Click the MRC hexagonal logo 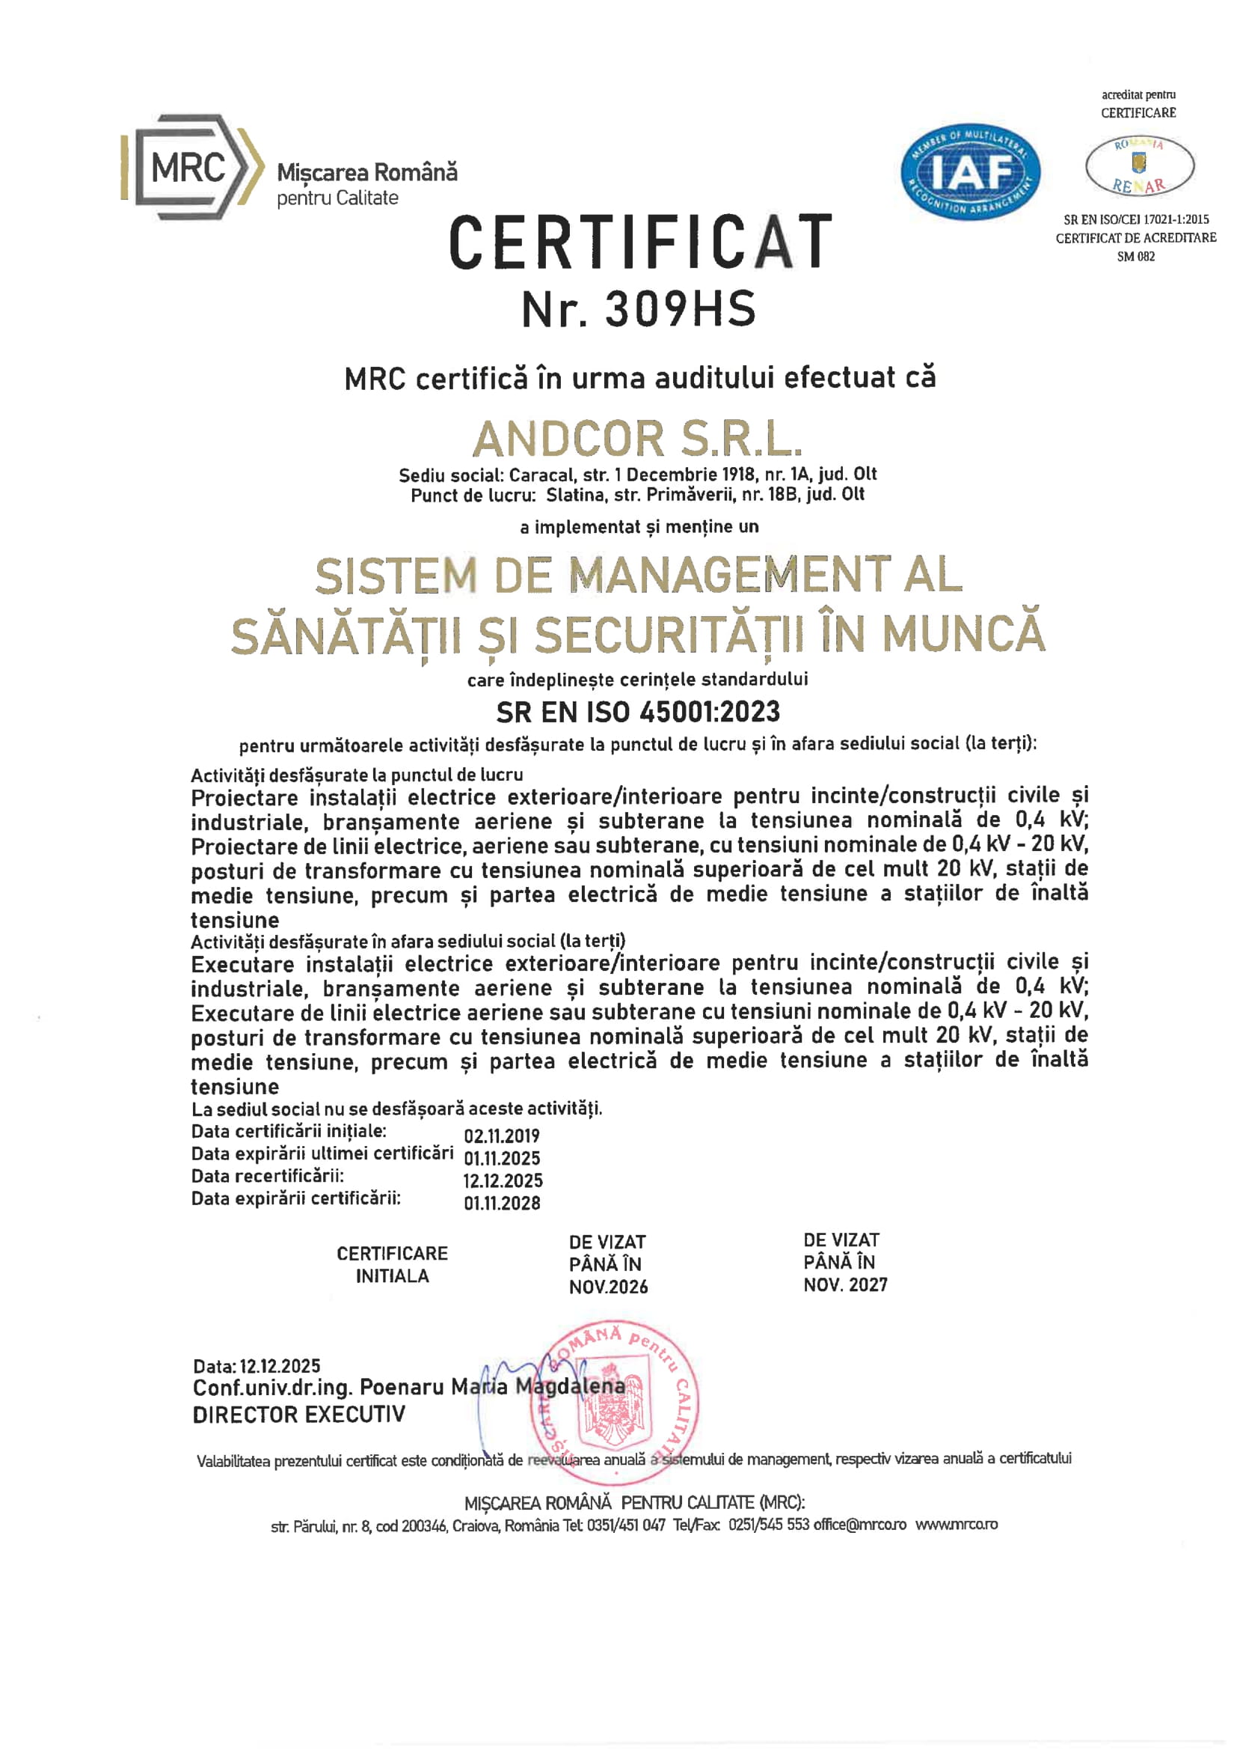pyautogui.click(x=191, y=168)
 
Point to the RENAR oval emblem pyautogui.click(x=1139, y=165)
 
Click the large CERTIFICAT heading pyautogui.click(x=640, y=243)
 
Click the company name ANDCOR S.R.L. pyautogui.click(x=637, y=440)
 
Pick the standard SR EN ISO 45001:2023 pyautogui.click(x=637, y=712)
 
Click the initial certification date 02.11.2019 pyautogui.click(x=501, y=1135)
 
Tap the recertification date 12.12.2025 pyautogui.click(x=503, y=1180)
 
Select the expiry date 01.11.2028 pyautogui.click(x=502, y=1203)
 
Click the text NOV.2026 pyautogui.click(x=608, y=1287)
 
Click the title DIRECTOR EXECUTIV pyautogui.click(x=298, y=1415)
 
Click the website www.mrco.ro pyautogui.click(x=956, y=1525)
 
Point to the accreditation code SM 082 pyautogui.click(x=1135, y=257)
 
